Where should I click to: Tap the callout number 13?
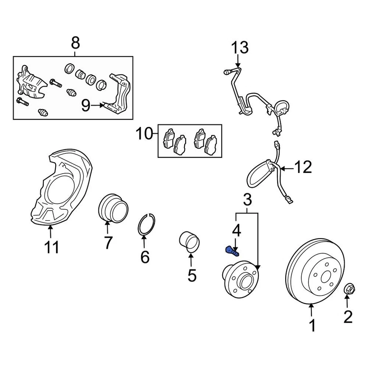click(240, 48)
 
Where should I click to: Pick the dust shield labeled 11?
click(61, 188)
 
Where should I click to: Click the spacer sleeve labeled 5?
click(190, 243)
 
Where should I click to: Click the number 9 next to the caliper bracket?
click(86, 105)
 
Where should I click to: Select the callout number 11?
click(51, 247)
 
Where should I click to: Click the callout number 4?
click(237, 231)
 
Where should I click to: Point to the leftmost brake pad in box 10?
click(168, 138)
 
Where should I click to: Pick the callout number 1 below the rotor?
click(312, 325)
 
